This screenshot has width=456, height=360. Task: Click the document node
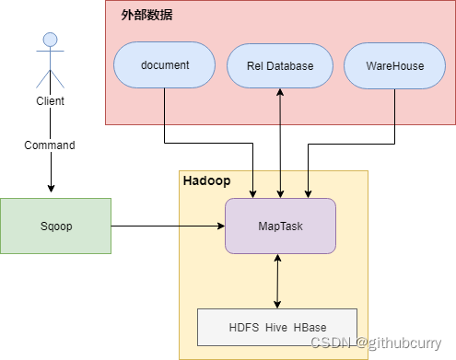point(165,66)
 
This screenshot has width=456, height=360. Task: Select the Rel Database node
point(280,66)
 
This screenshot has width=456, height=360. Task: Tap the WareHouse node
point(395,66)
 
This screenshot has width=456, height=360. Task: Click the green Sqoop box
point(55,225)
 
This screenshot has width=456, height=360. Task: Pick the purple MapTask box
point(280,226)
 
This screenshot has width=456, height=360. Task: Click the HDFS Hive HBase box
point(277,327)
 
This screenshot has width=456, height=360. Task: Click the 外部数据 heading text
point(146,16)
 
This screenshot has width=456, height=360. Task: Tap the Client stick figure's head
point(50,40)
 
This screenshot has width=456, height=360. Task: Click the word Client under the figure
point(50,101)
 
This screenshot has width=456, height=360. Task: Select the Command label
point(50,145)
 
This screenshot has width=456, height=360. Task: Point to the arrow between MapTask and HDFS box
point(277,281)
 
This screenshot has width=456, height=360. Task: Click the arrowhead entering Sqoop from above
point(50,192)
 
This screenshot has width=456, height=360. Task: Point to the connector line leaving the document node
point(165,115)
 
